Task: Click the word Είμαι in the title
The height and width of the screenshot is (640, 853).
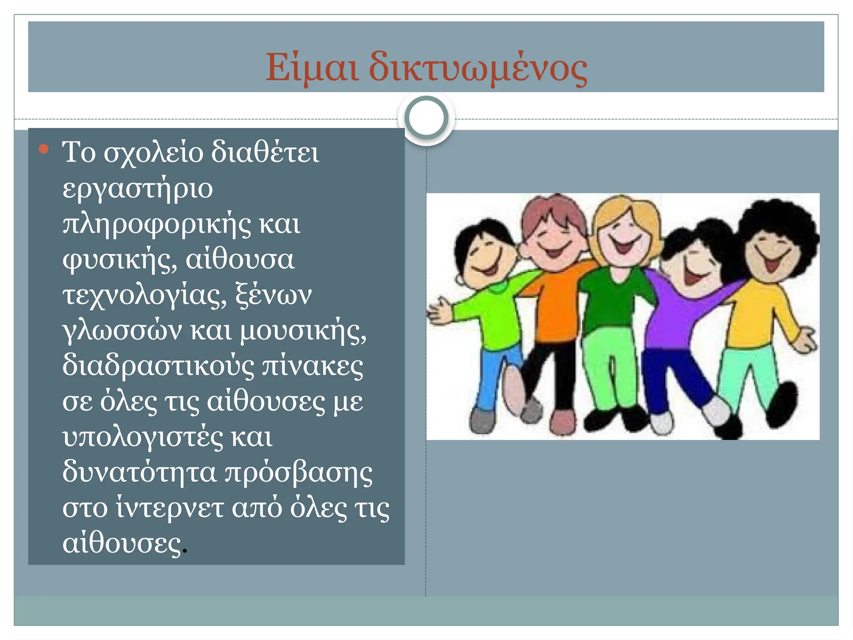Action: [x=312, y=67]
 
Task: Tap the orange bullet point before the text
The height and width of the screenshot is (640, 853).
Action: [x=43, y=149]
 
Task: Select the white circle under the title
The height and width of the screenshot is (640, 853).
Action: [x=426, y=118]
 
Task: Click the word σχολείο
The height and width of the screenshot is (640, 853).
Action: [x=153, y=153]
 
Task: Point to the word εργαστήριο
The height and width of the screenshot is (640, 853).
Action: [x=137, y=189]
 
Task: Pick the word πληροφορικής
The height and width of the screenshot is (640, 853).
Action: [x=157, y=225]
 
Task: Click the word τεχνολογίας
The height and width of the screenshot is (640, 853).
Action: [x=144, y=295]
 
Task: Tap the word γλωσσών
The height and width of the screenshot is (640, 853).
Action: [x=122, y=331]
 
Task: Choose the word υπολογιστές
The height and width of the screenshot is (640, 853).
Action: [x=142, y=438]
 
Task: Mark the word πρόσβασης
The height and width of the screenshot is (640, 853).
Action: [x=298, y=473]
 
